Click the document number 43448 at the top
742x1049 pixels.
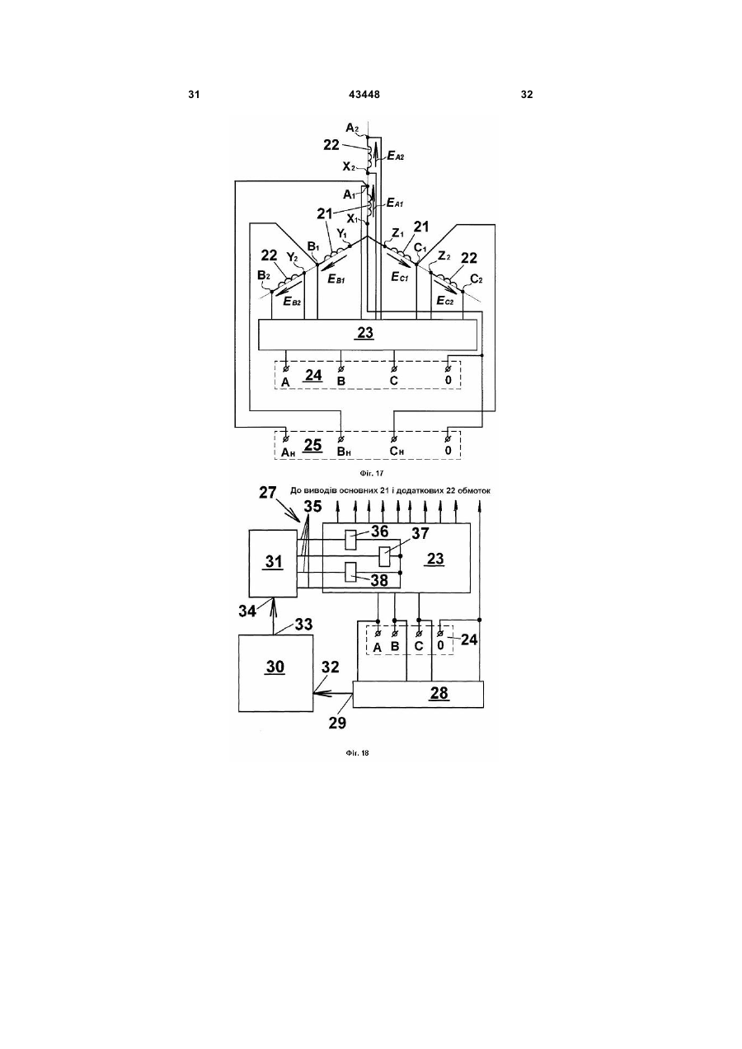coord(364,95)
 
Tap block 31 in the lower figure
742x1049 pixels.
coord(274,563)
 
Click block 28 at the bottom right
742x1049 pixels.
coord(418,694)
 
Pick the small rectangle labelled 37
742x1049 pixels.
coord(385,556)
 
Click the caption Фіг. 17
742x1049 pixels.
coord(372,473)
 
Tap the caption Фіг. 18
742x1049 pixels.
coord(357,753)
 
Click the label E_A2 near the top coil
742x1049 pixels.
coord(395,157)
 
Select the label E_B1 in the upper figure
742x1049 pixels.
coord(336,279)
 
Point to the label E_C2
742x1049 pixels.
coord(445,300)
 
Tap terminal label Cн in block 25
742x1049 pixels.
coord(397,451)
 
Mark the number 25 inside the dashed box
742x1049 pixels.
coord(313,445)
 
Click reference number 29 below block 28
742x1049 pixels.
coord(337,723)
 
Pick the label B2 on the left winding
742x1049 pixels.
coord(264,275)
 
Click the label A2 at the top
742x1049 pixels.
coord(352,128)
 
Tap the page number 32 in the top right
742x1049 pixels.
coord(527,95)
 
